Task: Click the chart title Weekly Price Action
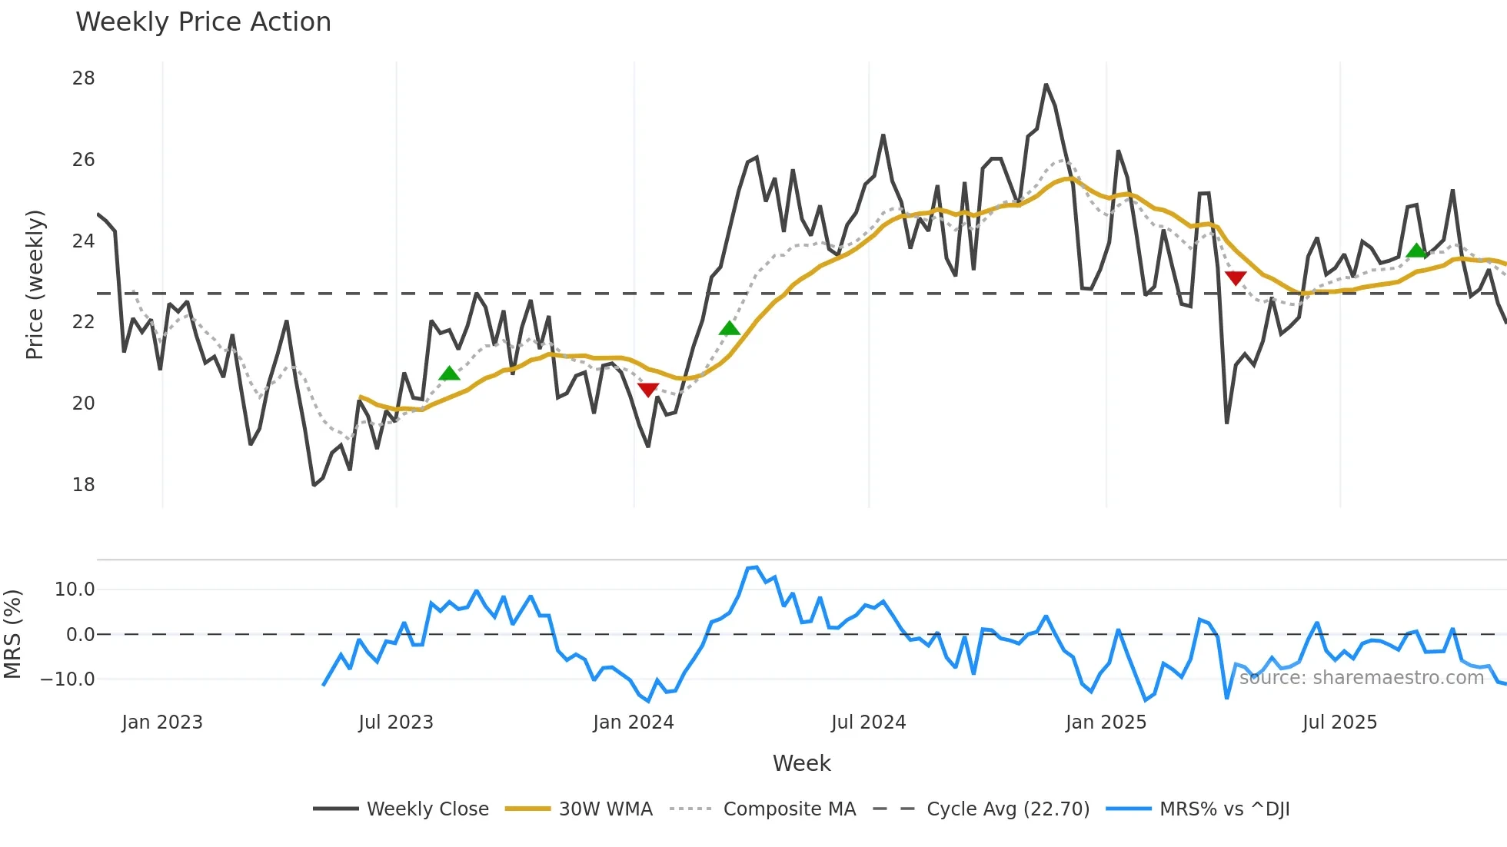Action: [x=203, y=22]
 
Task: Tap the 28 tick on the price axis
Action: [x=84, y=78]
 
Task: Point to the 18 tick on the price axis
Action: [x=84, y=485]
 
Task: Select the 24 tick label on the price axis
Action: [x=84, y=241]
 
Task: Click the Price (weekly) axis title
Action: [x=35, y=284]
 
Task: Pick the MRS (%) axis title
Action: [x=13, y=634]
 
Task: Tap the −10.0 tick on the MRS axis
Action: [x=68, y=679]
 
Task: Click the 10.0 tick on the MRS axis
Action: [x=75, y=590]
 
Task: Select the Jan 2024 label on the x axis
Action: [x=634, y=722]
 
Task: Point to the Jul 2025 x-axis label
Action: [x=1339, y=722]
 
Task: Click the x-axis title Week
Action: [x=801, y=763]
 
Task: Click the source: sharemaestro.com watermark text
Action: [x=1361, y=678]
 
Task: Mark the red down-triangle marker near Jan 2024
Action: [x=648, y=390]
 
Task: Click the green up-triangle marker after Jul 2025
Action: [x=1416, y=251]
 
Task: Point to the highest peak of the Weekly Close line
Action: [x=1046, y=85]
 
